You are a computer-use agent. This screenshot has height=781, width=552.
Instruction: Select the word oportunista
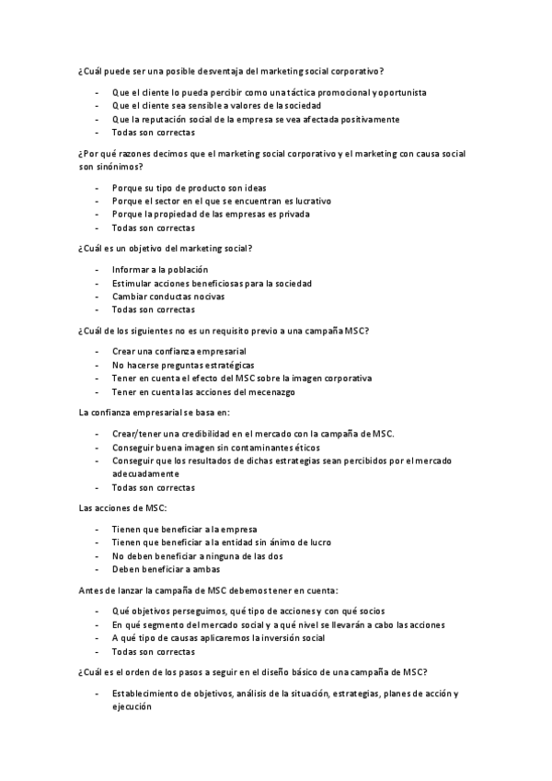[401, 93]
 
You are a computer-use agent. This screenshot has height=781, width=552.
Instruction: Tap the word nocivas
[208, 297]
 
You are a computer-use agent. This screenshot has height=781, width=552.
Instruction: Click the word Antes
[93, 589]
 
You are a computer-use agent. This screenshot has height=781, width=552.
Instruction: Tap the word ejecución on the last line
[132, 706]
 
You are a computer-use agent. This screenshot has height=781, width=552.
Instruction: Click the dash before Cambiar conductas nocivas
[97, 297]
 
